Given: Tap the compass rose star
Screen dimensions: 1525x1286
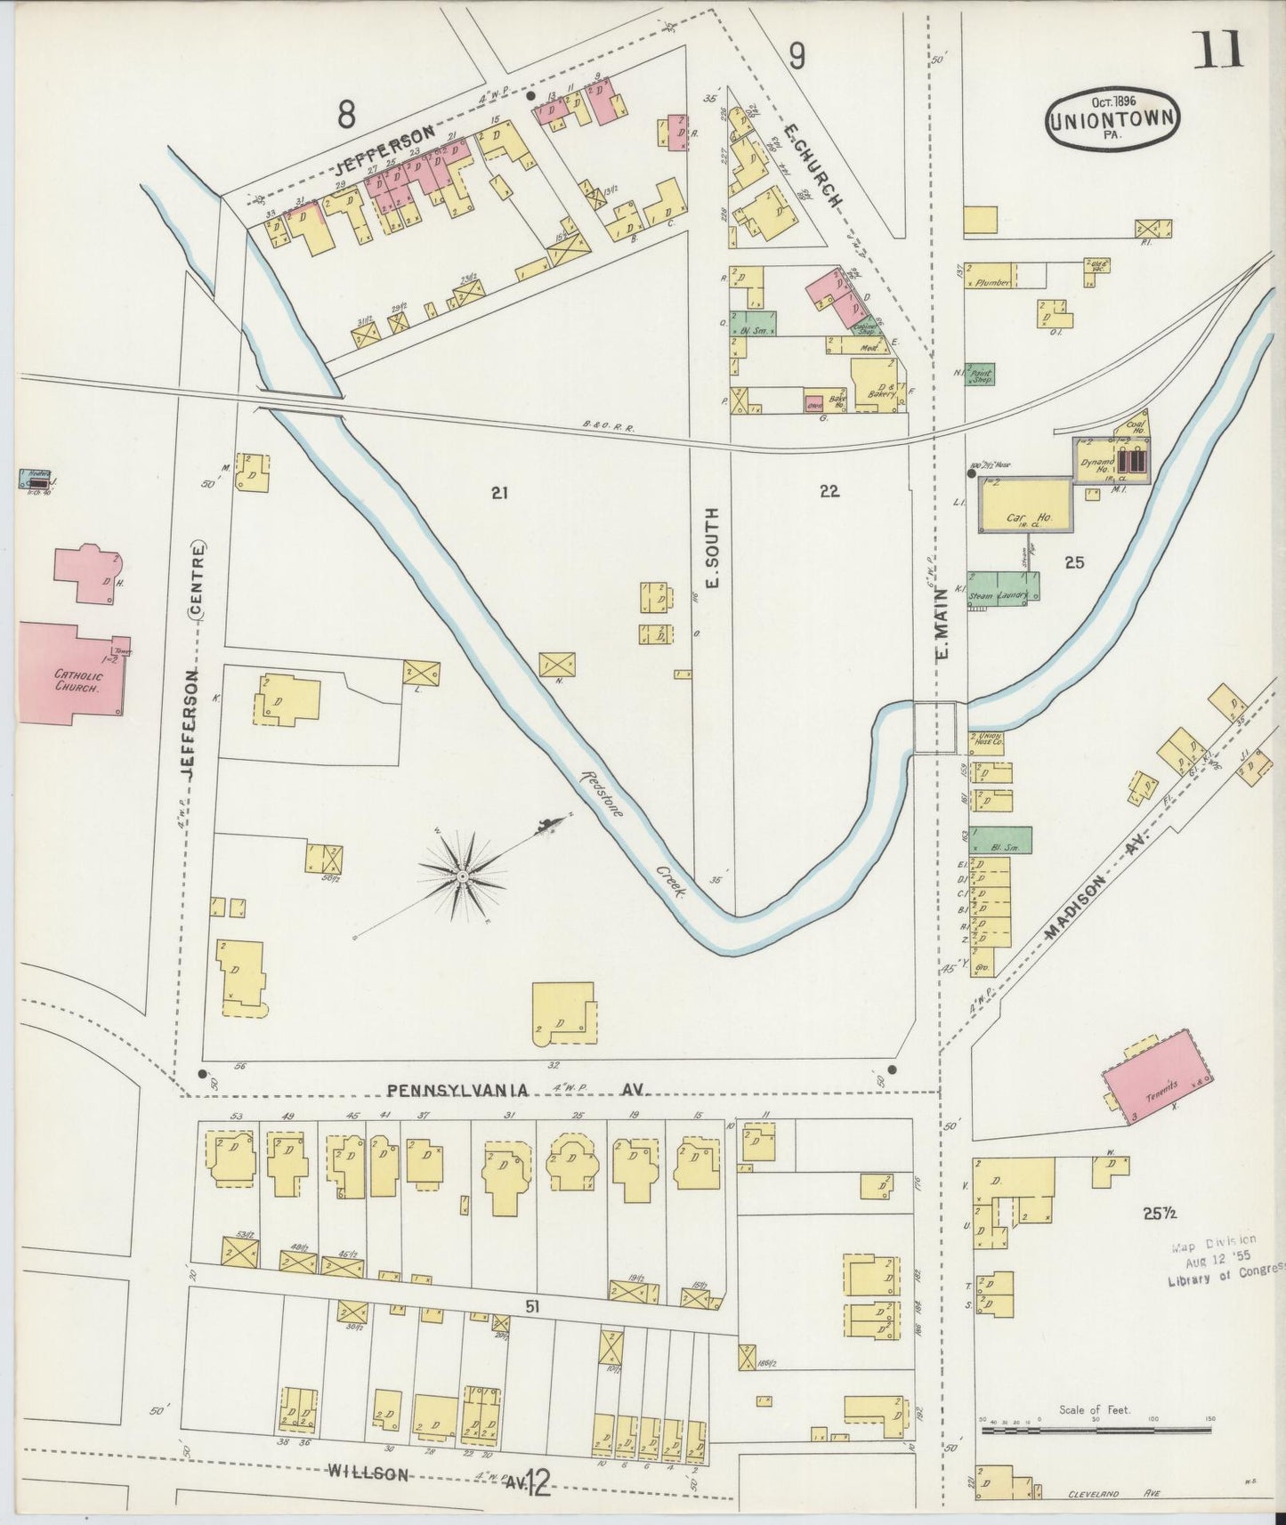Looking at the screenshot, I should [x=462, y=877].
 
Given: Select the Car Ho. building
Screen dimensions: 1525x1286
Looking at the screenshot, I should [x=1025, y=505].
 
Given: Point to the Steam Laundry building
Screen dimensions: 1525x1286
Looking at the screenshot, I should [x=1003, y=587].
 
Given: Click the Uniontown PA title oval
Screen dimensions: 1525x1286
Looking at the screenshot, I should [x=1113, y=117].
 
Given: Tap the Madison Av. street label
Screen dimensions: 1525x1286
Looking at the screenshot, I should [x=1099, y=887].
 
